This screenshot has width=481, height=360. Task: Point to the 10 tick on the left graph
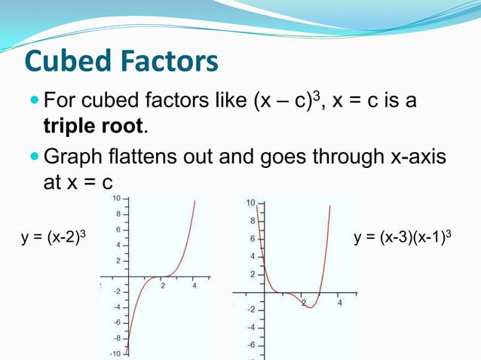tap(117, 198)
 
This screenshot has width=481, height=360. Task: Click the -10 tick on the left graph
tap(115, 353)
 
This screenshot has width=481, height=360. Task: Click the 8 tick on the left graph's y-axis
tap(119, 214)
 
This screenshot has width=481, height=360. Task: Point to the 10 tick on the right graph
tap(251, 203)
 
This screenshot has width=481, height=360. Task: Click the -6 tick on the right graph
tap(251, 345)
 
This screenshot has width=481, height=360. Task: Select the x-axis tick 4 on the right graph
tap(339, 303)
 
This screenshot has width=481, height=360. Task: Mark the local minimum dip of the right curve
tap(310, 307)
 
